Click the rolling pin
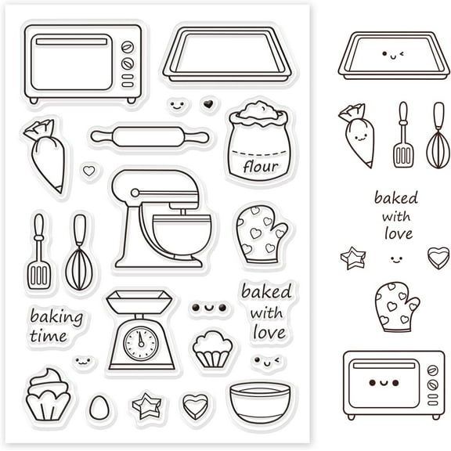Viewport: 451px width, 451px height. [x=150, y=137]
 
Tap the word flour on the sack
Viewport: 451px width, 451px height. [x=259, y=166]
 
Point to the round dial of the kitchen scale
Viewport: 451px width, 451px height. [x=141, y=341]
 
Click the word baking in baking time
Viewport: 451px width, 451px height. [x=56, y=317]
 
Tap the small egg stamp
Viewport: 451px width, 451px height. [x=99, y=406]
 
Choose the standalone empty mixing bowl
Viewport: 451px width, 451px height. [x=259, y=400]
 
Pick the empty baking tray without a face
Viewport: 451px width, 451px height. [x=226, y=52]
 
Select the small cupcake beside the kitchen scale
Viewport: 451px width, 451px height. [x=212, y=348]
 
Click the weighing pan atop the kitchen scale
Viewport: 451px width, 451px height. [x=140, y=299]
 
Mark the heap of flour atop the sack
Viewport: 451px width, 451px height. [x=258, y=112]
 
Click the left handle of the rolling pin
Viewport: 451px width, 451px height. [x=100, y=137]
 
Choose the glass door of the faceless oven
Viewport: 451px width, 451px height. [x=71, y=62]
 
